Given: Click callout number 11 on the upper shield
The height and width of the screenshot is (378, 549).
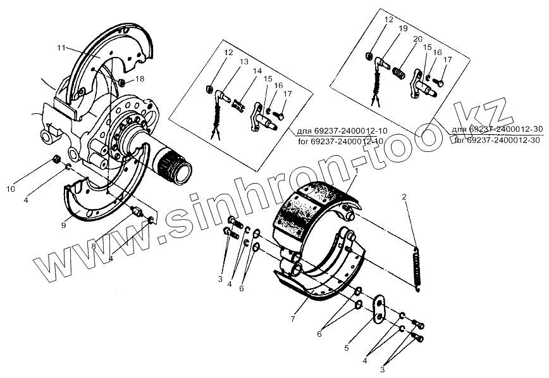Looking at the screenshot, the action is pos(61,47).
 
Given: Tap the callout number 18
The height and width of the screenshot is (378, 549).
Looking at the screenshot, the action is pos(140,79).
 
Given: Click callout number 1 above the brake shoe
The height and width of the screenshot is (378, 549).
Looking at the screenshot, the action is pos(357,171).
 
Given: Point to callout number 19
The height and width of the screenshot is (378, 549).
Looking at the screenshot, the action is pos(385,29).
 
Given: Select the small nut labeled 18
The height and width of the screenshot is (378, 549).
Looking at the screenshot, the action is pos(122,82).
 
